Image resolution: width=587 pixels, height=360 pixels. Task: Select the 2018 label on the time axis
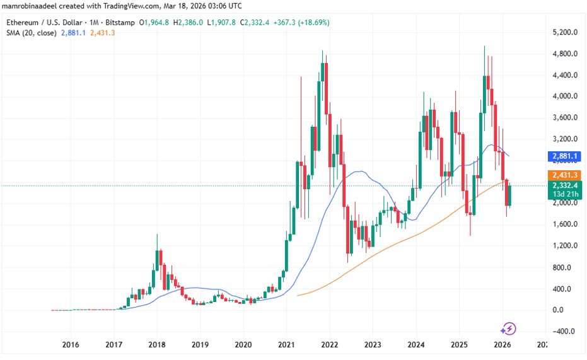(156, 344)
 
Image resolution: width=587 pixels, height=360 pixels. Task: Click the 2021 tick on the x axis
(286, 344)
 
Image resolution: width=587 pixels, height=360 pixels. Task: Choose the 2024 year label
(416, 344)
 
